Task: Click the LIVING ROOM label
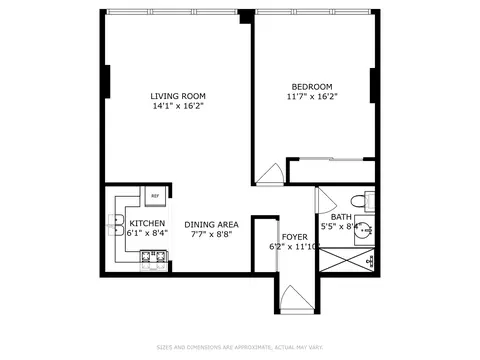pyautogui.click(x=171, y=95)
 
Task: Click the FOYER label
pyautogui.click(x=294, y=237)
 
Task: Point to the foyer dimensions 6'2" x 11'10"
pyautogui.click(x=294, y=247)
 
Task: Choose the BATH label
pyautogui.click(x=341, y=217)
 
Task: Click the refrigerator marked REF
pyautogui.click(x=155, y=196)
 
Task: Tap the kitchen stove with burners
pyautogui.click(x=153, y=262)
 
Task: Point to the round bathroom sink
pyautogui.click(x=366, y=229)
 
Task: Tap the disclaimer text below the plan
pyautogui.click(x=240, y=347)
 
